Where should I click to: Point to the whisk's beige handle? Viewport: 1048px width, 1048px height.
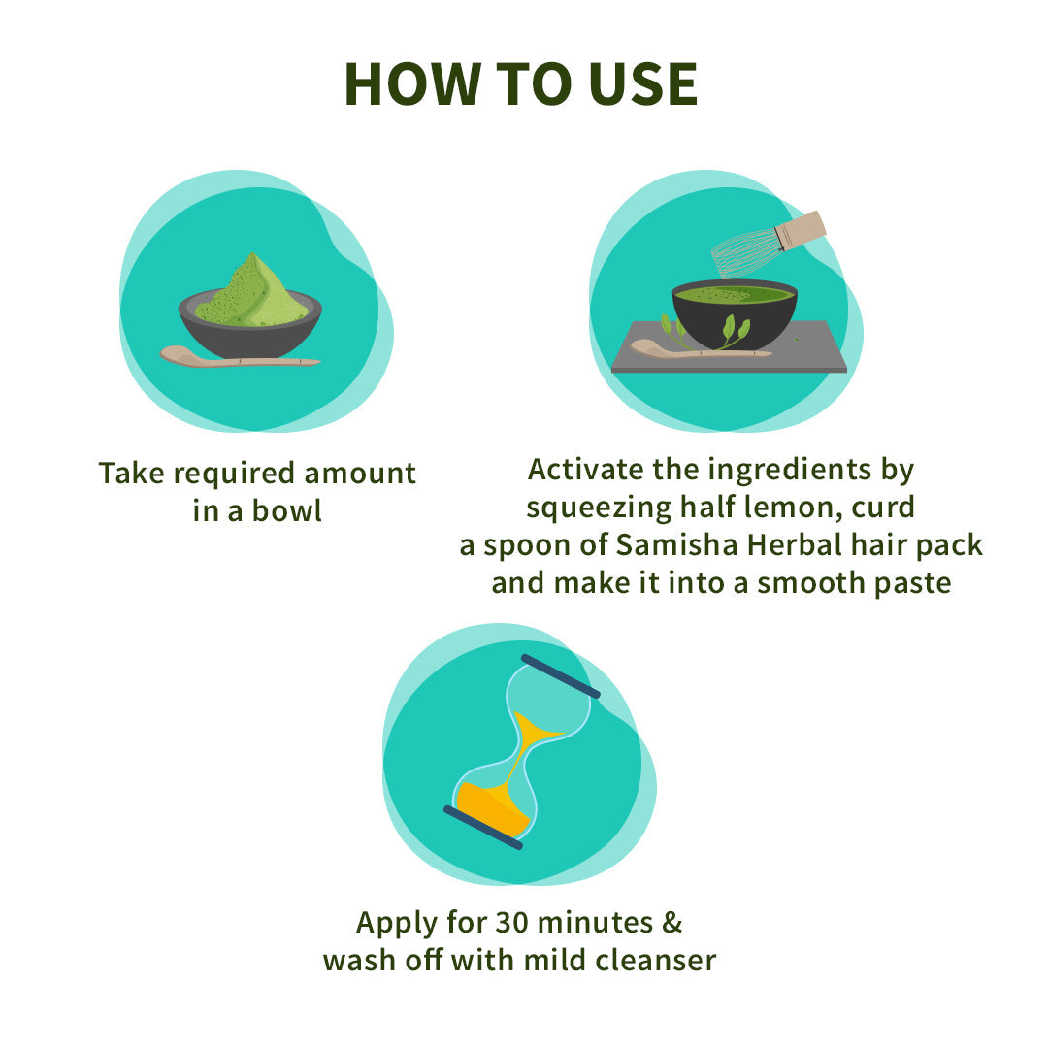coord(801,231)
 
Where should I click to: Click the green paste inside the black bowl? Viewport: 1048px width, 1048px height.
coord(733,294)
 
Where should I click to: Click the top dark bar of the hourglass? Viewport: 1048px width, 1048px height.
coord(560,676)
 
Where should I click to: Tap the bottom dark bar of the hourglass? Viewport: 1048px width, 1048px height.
coord(483,828)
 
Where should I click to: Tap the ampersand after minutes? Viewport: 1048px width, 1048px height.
coord(671,922)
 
